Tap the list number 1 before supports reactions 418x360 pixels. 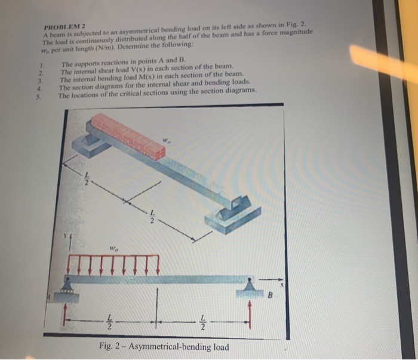point(42,65)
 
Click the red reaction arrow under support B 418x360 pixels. point(251,313)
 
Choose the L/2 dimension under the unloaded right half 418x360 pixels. point(203,323)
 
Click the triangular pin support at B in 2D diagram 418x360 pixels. point(251,289)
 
